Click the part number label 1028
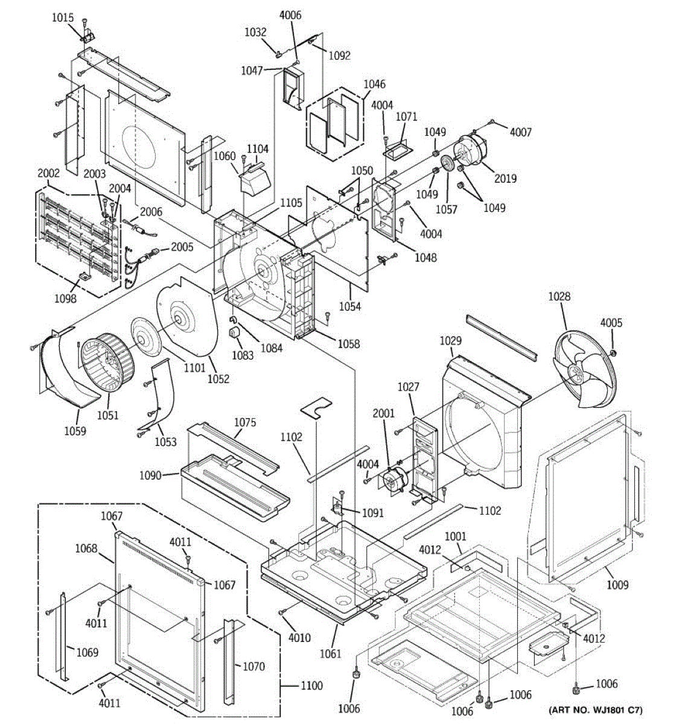(x=559, y=297)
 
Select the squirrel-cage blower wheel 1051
(x=107, y=362)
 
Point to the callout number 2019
(x=505, y=178)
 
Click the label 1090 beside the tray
(x=150, y=475)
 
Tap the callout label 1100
(x=312, y=686)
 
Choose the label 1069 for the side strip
(x=87, y=652)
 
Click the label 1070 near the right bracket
(x=253, y=667)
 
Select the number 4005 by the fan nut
(x=611, y=323)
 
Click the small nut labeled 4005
(x=613, y=352)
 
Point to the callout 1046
(x=374, y=84)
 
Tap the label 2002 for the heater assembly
(x=48, y=173)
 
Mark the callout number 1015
(x=62, y=17)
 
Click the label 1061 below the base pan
(x=331, y=653)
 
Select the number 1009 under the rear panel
(x=617, y=585)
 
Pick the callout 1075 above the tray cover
(x=245, y=422)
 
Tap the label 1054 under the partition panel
(x=350, y=306)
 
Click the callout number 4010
(x=299, y=638)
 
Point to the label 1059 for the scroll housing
(x=75, y=431)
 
